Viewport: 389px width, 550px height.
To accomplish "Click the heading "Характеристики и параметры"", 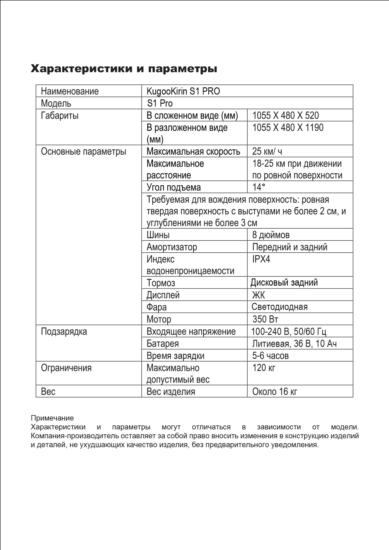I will click(x=124, y=69).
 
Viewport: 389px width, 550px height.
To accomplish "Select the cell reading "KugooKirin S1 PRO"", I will click(x=183, y=91).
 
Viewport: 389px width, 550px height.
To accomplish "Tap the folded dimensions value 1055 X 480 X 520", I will click(x=285, y=115).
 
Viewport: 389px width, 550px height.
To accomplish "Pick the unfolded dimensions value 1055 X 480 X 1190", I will click(x=288, y=127).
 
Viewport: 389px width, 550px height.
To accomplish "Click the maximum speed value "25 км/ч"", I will click(x=267, y=151).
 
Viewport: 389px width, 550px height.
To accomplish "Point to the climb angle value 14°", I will click(x=259, y=187).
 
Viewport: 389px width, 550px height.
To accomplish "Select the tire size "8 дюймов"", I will click(x=271, y=235).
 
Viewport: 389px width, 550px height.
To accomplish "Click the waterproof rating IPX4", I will click(x=261, y=259).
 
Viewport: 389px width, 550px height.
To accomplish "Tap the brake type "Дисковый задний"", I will click(x=284, y=282).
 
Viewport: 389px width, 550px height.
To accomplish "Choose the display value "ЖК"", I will click(x=258, y=295).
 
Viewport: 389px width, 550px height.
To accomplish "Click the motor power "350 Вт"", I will click(x=265, y=319).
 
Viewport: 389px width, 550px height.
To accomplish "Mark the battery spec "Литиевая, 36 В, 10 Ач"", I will click(x=294, y=343).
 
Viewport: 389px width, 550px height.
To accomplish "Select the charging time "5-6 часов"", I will click(x=270, y=356).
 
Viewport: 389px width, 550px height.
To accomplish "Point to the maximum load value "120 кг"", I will click(x=264, y=368).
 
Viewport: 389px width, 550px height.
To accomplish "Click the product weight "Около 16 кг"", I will click(x=274, y=392).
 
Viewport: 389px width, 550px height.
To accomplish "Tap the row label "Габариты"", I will click(x=60, y=115).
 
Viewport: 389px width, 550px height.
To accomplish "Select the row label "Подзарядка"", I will click(x=64, y=331).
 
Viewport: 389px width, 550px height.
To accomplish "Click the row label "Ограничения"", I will click(x=66, y=368).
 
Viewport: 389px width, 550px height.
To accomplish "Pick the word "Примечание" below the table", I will click(x=52, y=418).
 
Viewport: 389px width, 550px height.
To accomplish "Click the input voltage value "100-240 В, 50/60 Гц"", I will click(x=288, y=331).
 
